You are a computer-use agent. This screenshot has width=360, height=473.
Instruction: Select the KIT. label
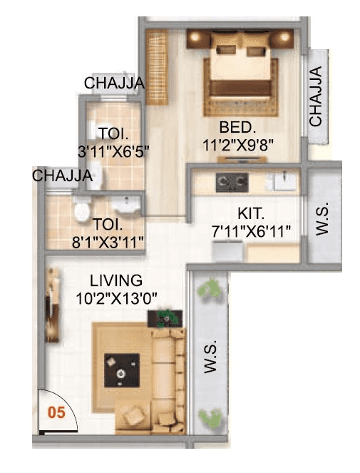coord(252,213)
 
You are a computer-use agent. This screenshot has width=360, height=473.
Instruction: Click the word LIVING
coord(116,280)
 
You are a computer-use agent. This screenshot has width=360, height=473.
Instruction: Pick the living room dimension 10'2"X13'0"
coord(116,297)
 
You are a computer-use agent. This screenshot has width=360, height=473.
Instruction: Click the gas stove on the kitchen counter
coord(232,183)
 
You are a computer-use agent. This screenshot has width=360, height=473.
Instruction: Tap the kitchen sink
coord(287,183)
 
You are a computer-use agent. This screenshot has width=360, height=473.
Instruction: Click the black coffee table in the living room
coord(119,370)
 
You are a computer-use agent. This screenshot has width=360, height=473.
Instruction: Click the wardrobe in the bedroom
coord(156,57)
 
